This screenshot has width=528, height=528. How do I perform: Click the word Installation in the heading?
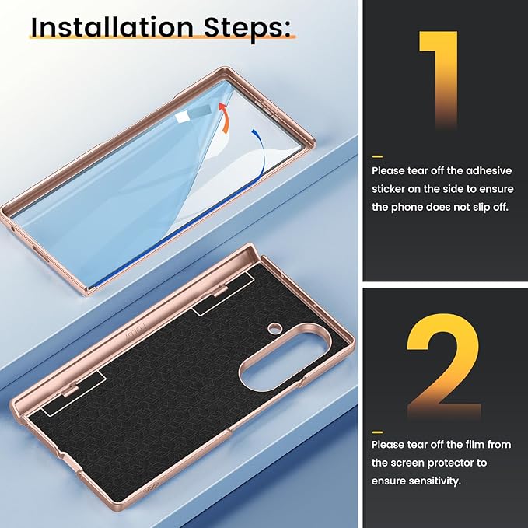tap(112, 27)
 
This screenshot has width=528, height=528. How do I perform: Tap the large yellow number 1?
tap(439, 79)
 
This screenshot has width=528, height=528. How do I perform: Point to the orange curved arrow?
tap(225, 118)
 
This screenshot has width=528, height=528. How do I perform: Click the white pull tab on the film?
tap(180, 117)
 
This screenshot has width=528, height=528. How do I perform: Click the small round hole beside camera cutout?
tap(274, 327)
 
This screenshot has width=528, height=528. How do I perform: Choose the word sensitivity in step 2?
tap(439, 481)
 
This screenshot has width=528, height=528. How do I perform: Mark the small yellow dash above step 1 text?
tap(377, 156)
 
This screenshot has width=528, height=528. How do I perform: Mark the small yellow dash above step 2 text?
tap(377, 432)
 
